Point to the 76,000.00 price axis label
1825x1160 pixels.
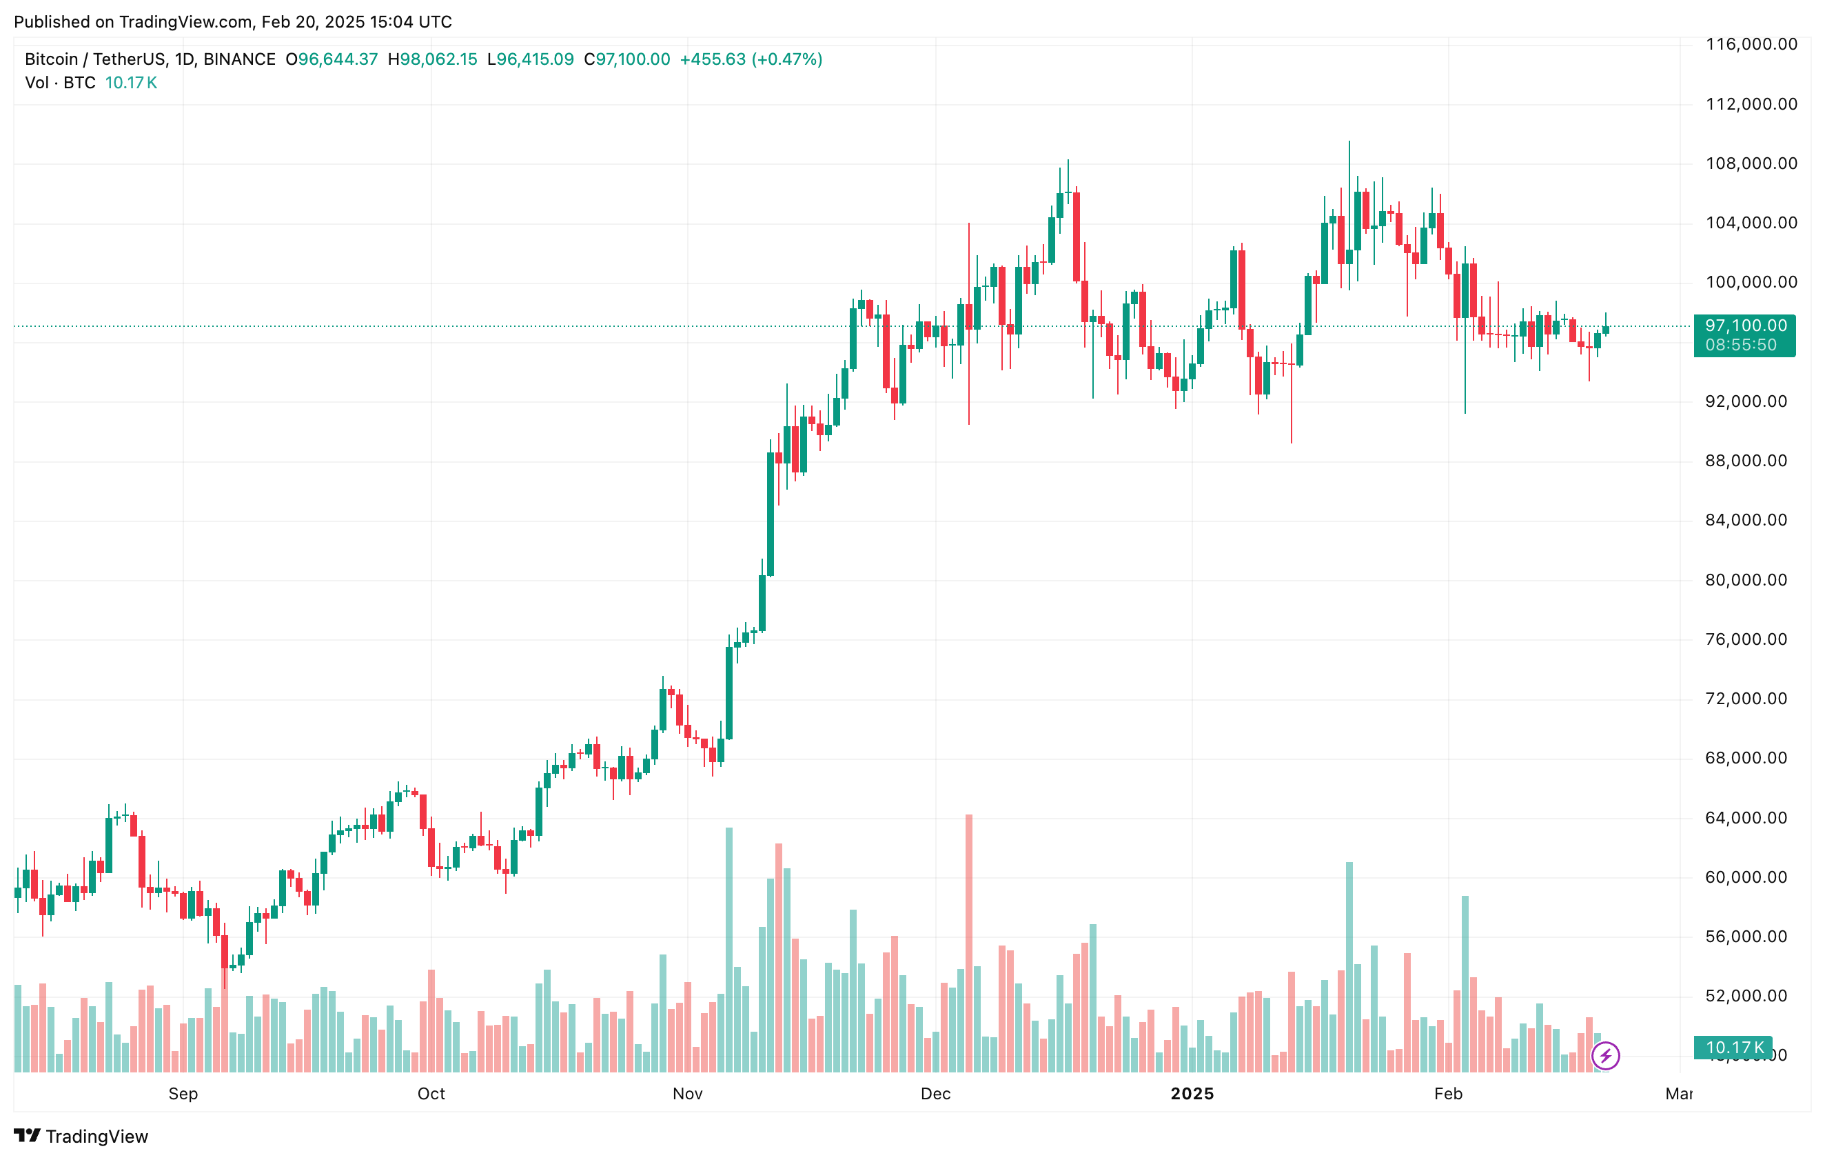[x=1746, y=639]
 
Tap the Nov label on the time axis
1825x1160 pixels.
[x=687, y=1093]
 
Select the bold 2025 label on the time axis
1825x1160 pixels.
[x=1192, y=1093]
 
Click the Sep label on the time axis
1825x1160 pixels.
[x=183, y=1093]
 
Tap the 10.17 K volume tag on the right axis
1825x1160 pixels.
[x=1734, y=1048]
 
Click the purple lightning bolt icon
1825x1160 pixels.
[x=1605, y=1055]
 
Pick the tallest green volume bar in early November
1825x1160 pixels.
[x=729, y=948]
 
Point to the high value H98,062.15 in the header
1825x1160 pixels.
[x=432, y=59]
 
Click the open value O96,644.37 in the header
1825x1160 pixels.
[x=332, y=59]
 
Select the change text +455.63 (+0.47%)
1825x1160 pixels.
[x=751, y=59]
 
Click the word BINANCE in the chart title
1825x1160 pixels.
[x=239, y=59]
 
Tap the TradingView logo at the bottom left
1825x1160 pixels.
[x=81, y=1136]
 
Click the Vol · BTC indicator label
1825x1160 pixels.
[x=60, y=83]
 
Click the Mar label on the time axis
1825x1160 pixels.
[x=1678, y=1093]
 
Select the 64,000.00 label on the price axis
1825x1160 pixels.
[x=1746, y=817]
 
